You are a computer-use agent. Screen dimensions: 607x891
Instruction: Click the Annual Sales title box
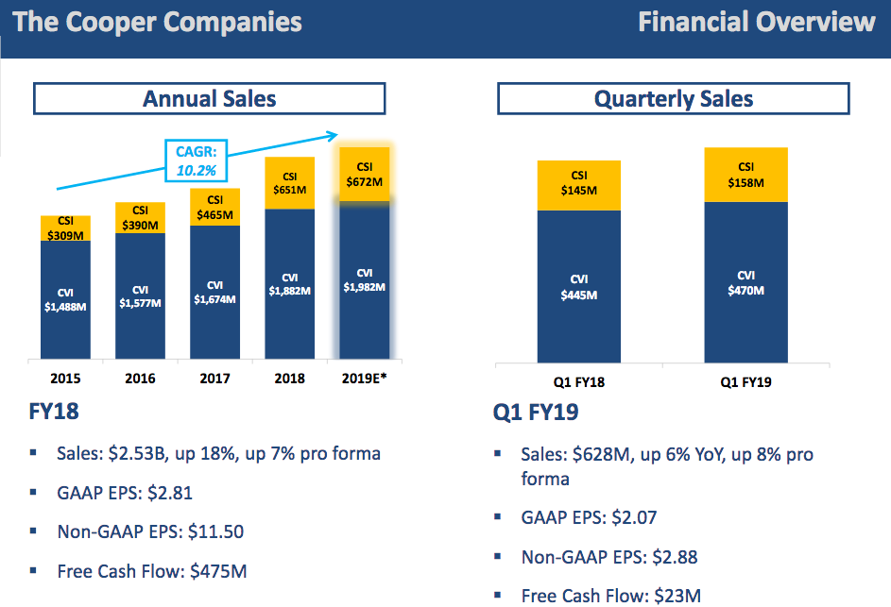point(209,98)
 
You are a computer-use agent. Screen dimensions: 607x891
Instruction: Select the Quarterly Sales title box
point(673,98)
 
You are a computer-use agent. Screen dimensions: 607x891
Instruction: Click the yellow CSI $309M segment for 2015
point(65,228)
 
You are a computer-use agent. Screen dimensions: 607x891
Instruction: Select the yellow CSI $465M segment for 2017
point(214,207)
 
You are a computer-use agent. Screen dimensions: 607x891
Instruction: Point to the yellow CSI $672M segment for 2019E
point(364,174)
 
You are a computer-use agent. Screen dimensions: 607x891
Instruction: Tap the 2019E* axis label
point(364,379)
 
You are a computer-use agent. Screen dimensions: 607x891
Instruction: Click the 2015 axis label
point(65,379)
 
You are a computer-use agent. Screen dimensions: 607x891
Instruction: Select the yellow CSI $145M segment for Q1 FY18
point(579,185)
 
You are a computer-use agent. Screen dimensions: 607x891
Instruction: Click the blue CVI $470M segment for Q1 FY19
point(745,282)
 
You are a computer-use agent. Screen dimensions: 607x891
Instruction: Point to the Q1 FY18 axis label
point(579,381)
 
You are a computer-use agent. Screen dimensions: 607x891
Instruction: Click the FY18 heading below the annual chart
point(55,413)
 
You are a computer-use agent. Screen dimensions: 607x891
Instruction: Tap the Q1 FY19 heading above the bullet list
point(536,413)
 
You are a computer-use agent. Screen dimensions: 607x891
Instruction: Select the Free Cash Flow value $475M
point(218,570)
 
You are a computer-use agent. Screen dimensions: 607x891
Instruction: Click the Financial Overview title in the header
point(756,22)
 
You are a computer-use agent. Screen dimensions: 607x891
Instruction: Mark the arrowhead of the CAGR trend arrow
point(336,135)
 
